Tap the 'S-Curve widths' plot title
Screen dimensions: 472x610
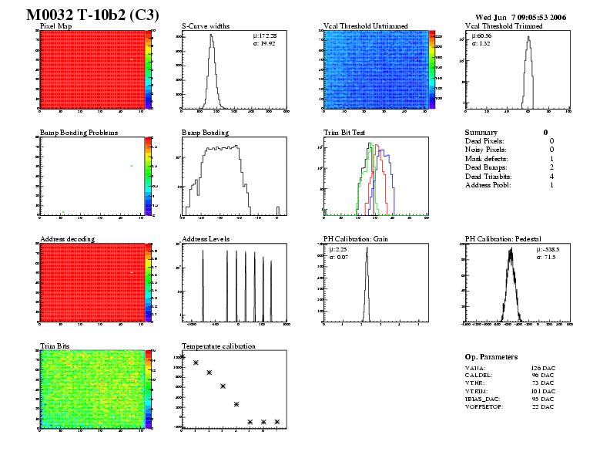pyautogui.click(x=205, y=25)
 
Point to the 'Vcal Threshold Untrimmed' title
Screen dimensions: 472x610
pyautogui.click(x=365, y=25)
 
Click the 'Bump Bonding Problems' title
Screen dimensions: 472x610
pyautogui.click(x=79, y=133)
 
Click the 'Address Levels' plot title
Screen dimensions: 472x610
pyautogui.click(x=206, y=239)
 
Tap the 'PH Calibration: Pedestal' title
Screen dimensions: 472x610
pyautogui.click(x=504, y=239)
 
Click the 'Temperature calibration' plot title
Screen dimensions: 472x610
pyautogui.click(x=218, y=346)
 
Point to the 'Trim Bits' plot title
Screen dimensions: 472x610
pyautogui.click(x=54, y=346)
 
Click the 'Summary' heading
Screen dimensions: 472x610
pyautogui.click(x=481, y=133)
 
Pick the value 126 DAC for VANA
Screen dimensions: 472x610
pyautogui.click(x=542, y=369)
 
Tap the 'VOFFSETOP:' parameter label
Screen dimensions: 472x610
pyautogui.click(x=484, y=406)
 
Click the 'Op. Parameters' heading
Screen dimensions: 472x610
pyautogui.click(x=491, y=357)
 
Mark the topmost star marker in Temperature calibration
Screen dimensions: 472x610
pyautogui.click(x=183, y=356)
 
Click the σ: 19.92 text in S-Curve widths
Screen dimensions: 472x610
pyautogui.click(x=264, y=44)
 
